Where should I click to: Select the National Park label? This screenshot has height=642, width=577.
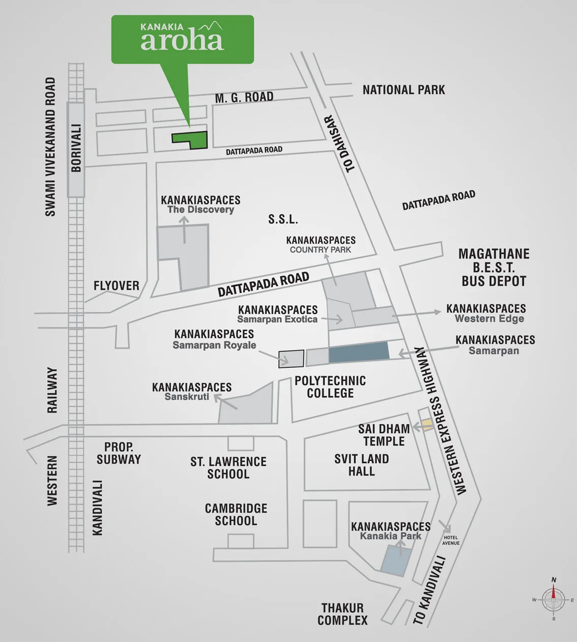pyautogui.click(x=403, y=90)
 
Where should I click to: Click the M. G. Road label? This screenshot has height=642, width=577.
pyautogui.click(x=244, y=97)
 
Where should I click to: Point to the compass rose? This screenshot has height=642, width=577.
pyautogui.click(x=554, y=599)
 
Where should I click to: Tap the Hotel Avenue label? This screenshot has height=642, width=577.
pyautogui.click(x=451, y=540)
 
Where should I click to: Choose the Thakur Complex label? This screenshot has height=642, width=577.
pyautogui.click(x=342, y=614)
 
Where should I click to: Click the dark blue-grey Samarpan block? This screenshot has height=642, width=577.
pyautogui.click(x=359, y=353)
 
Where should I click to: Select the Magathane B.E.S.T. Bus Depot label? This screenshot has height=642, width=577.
pyautogui.click(x=494, y=267)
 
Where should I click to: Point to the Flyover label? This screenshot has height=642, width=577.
pyautogui.click(x=116, y=286)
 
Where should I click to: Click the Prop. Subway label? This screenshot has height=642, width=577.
pyautogui.click(x=119, y=453)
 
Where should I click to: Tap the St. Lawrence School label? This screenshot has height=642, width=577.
pyautogui.click(x=229, y=467)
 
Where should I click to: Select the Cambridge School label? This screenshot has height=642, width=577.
pyautogui.click(x=236, y=514)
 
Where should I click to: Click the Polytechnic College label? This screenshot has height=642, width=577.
pyautogui.click(x=330, y=387)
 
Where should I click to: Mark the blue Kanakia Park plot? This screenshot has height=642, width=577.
pyautogui.click(x=394, y=560)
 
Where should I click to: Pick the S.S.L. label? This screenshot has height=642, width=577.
pyautogui.click(x=283, y=219)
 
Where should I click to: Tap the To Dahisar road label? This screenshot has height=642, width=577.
pyautogui.click(x=341, y=143)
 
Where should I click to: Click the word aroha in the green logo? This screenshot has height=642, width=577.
pyautogui.click(x=182, y=41)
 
